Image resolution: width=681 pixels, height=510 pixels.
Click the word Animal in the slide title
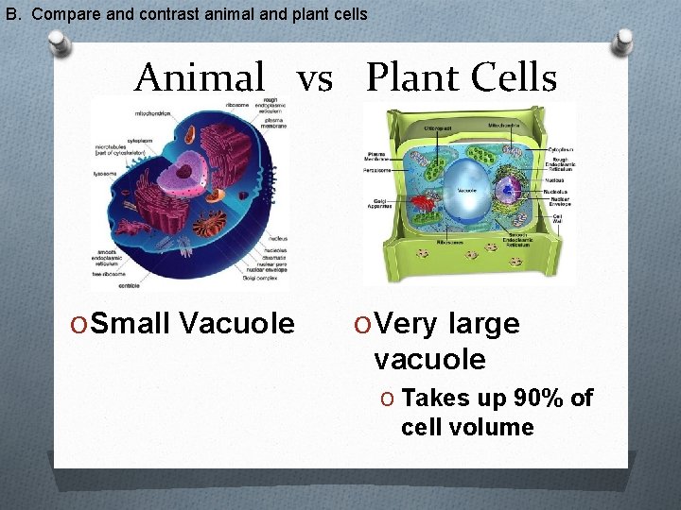(x=200, y=77)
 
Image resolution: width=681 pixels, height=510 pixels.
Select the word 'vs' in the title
(x=315, y=79)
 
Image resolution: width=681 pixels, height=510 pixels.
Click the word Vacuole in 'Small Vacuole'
(x=236, y=324)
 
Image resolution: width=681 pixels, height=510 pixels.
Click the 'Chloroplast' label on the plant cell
(x=417, y=125)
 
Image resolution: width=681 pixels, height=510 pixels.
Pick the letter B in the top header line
(x=11, y=14)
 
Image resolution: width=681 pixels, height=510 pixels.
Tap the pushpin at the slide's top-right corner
(x=625, y=42)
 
